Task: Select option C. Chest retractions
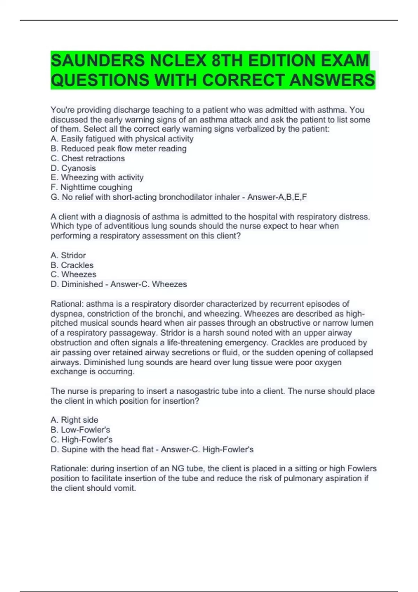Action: [87, 158]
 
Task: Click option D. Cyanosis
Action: [73, 168]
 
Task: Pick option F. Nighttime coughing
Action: [91, 187]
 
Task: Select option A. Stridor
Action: [68, 255]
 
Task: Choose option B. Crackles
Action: [72, 265]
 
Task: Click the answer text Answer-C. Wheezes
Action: [148, 284]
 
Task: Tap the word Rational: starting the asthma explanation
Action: [67, 304]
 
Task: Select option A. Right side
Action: [74, 420]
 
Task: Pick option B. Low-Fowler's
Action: [80, 430]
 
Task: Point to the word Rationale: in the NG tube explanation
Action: [69, 469]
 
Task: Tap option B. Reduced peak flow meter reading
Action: [118, 149]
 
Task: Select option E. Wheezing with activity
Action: [97, 178]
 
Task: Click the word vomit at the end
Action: [125, 488]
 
